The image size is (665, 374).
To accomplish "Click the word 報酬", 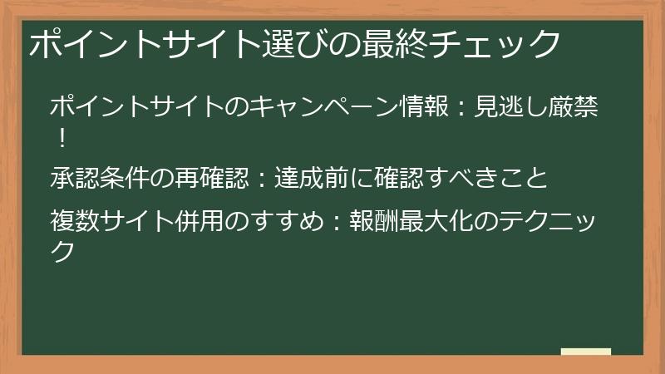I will pyautogui.click(x=379, y=223).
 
